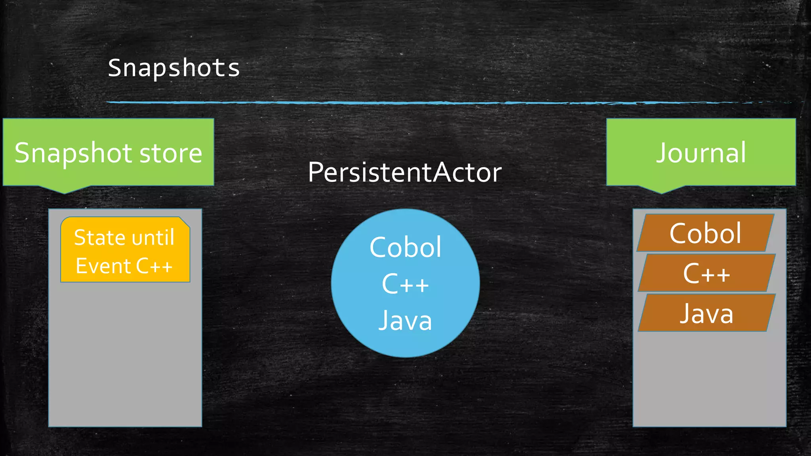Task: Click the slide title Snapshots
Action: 174,68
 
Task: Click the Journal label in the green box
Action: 701,153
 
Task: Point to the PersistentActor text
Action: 405,173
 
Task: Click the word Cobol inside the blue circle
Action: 405,247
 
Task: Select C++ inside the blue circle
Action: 405,284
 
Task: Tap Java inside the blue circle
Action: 405,321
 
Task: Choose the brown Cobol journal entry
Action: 705,233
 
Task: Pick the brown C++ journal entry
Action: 706,273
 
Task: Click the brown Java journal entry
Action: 706,313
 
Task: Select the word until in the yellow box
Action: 153,237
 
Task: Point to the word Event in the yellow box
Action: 103,266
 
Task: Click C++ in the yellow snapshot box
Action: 154,266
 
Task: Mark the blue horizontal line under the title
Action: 396,103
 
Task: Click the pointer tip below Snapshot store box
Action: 65,192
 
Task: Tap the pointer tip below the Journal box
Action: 661,192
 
